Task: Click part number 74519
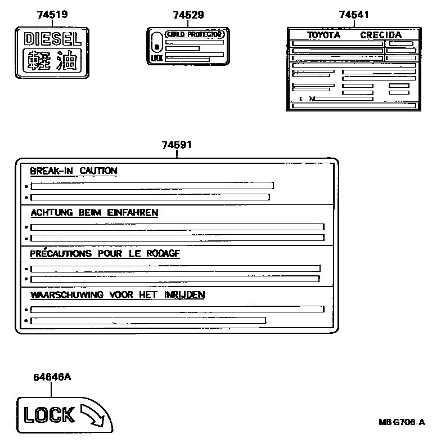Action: (52, 15)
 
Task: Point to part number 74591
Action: (177, 145)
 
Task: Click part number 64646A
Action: (51, 377)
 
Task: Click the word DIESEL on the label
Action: (52, 39)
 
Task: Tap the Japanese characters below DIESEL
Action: (52, 60)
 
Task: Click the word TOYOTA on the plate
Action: (323, 35)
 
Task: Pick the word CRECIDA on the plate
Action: (381, 35)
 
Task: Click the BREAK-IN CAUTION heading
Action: (74, 171)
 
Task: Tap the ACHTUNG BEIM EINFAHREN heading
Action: (94, 213)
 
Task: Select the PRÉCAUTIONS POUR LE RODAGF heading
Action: (105, 254)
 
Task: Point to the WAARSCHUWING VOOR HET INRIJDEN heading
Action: (117, 294)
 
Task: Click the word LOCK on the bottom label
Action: (48, 415)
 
